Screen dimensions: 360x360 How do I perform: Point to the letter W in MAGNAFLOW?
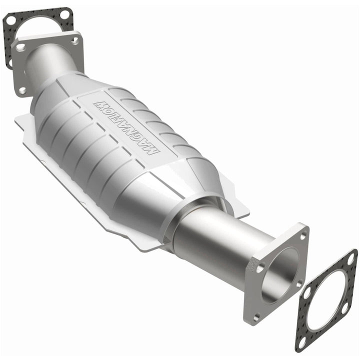[x=99, y=105]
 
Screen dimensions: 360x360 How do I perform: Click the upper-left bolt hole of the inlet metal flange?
[x=20, y=47]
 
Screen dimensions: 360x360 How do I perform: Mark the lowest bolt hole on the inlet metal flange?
[x=22, y=90]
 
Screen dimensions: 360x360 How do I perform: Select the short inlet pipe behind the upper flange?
[x=47, y=62]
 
